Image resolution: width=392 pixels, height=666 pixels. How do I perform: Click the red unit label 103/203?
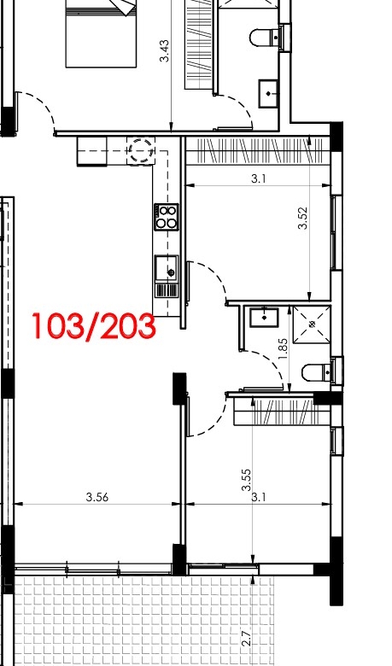click(94, 326)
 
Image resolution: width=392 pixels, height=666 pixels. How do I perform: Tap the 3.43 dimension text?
click(164, 51)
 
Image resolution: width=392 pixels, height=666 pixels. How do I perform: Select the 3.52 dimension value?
click(302, 218)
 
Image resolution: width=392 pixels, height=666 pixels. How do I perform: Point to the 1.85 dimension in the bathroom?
click(284, 348)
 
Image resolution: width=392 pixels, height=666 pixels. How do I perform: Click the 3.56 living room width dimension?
click(97, 497)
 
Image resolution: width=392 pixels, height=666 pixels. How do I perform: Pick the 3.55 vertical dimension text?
click(246, 480)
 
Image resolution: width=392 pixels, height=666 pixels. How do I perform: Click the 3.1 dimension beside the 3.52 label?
click(258, 178)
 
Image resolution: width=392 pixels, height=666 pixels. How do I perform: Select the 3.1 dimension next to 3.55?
click(259, 497)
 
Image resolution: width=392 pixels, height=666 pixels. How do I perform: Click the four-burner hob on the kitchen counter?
click(166, 217)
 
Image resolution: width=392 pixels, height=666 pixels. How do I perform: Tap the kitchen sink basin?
click(166, 268)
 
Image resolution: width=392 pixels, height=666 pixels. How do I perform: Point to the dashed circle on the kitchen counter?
click(141, 150)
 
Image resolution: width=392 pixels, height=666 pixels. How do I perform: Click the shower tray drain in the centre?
click(313, 324)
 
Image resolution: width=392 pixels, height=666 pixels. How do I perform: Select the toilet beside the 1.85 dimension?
click(319, 373)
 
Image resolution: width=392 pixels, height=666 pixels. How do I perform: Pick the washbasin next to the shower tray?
click(264, 318)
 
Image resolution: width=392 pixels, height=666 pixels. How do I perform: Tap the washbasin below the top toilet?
click(269, 93)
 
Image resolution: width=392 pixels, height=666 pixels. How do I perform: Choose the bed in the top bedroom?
click(101, 33)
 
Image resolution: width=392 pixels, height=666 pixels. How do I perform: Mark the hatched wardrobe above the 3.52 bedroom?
click(258, 151)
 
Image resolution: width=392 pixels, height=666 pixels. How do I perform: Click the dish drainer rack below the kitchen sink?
click(167, 290)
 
